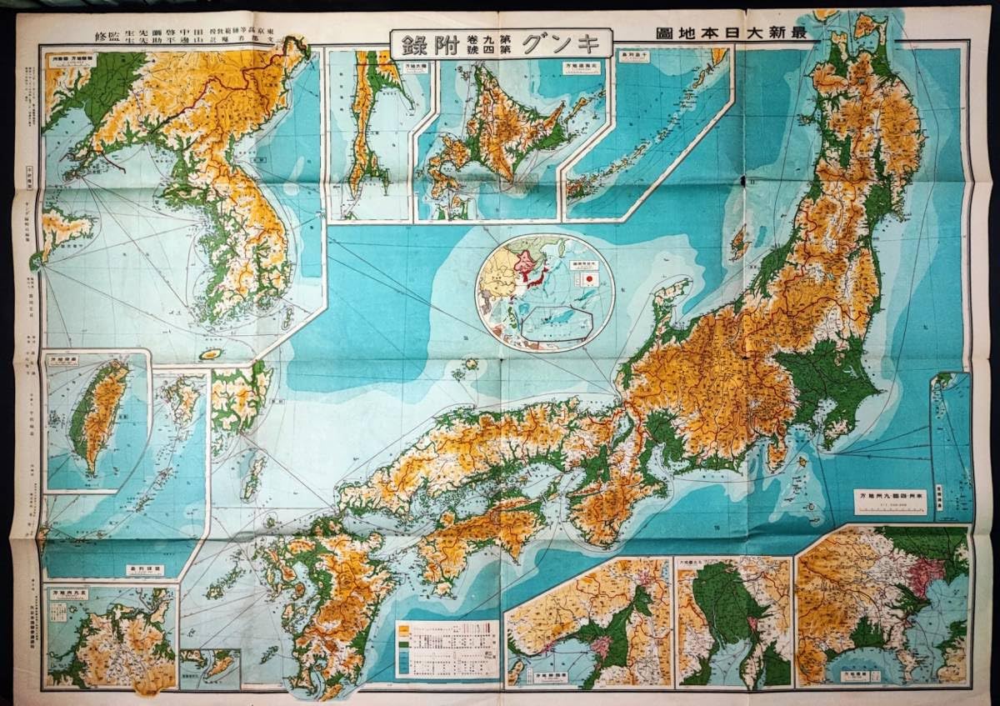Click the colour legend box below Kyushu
[447, 648]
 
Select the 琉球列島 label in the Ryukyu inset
[152, 570]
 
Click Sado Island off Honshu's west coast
[737, 241]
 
